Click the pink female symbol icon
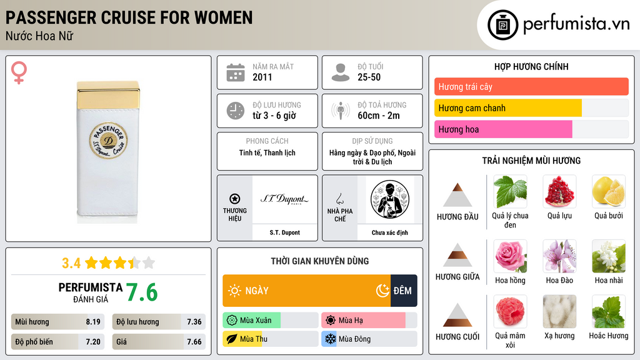(19, 72)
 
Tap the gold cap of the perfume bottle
(108, 94)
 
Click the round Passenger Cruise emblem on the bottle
(108, 140)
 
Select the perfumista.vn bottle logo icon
(503, 25)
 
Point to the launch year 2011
(262, 77)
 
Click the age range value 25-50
(369, 77)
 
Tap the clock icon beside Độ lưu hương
(236, 111)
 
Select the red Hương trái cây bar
(531, 86)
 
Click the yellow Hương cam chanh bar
(507, 107)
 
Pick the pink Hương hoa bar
(503, 129)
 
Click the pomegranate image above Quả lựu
(559, 191)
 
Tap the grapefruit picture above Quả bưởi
(609, 191)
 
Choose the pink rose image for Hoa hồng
(510, 256)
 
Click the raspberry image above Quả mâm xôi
(510, 311)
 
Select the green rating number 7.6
(142, 292)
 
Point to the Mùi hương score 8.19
(93, 322)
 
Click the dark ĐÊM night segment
(404, 291)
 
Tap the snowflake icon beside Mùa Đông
(330, 339)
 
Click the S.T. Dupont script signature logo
(284, 199)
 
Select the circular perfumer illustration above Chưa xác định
(390, 199)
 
